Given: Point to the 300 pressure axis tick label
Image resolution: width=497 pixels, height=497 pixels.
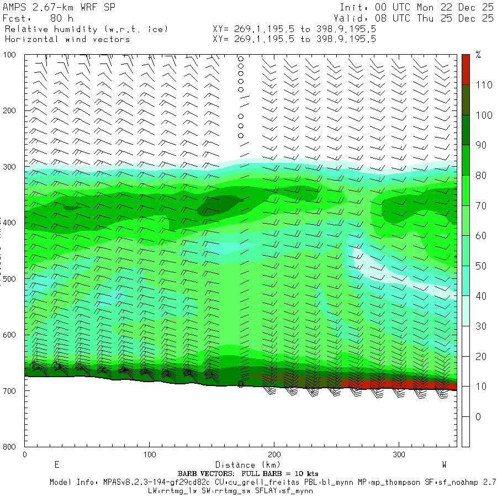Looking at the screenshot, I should [x=10, y=167].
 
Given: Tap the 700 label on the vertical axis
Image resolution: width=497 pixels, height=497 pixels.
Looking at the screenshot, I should [x=10, y=391].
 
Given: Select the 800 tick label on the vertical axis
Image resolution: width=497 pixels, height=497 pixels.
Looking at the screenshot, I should [x=10, y=447].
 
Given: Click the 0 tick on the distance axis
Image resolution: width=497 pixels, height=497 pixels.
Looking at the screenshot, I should [x=25, y=454].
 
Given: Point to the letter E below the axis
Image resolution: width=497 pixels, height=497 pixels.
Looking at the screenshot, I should [x=56, y=464].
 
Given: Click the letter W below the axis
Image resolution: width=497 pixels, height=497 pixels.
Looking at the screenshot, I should [x=444, y=464].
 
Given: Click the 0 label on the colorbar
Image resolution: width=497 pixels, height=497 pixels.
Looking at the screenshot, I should [x=478, y=416].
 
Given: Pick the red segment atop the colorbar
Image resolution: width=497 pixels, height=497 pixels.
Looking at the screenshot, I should [x=466, y=70].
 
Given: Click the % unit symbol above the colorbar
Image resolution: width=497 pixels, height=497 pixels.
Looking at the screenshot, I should [x=478, y=55].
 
